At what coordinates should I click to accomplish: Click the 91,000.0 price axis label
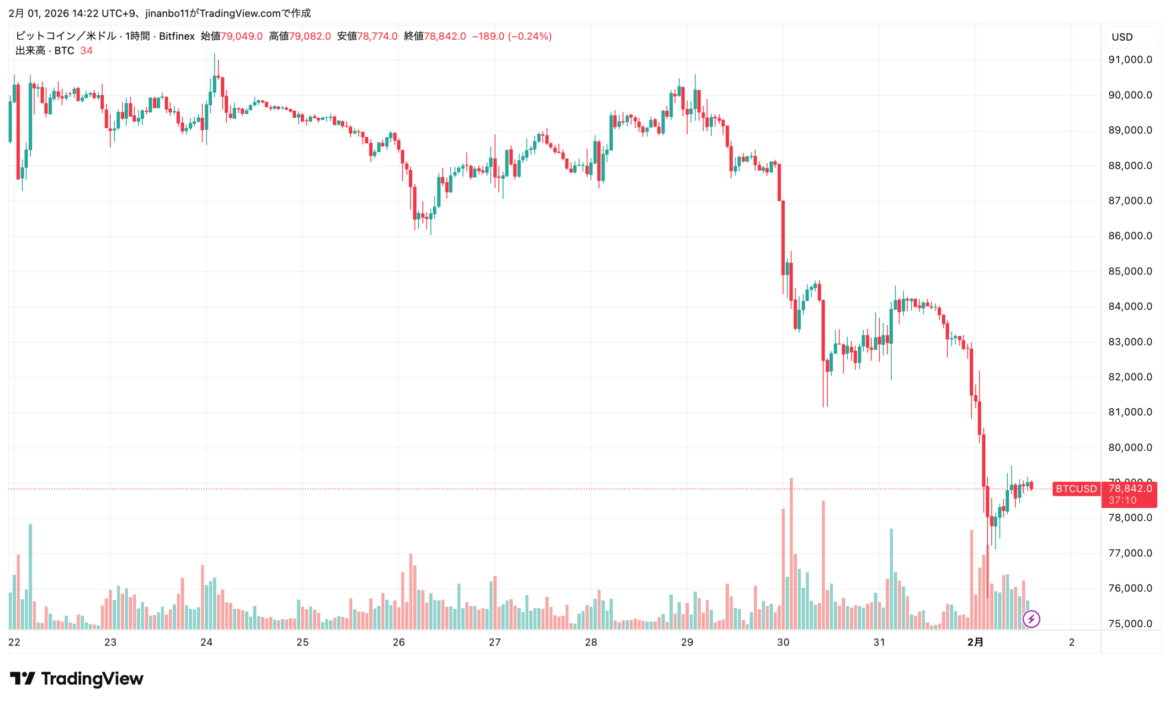[1129, 60]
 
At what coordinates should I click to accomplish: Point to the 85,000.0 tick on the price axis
[1129, 272]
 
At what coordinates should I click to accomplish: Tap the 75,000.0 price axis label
[1129, 624]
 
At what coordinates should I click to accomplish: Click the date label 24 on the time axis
[206, 642]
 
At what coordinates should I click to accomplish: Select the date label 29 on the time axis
[687, 642]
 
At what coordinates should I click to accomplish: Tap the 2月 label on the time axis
[975, 642]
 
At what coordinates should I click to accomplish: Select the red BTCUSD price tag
[1075, 489]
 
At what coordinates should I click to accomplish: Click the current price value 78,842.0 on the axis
[1130, 488]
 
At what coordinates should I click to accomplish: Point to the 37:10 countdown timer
[1122, 501]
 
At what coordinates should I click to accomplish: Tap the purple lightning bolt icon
[1031, 619]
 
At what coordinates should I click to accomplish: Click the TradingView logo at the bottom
[76, 679]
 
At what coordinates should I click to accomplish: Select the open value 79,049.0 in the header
[241, 37]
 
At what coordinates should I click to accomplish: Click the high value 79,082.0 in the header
[310, 37]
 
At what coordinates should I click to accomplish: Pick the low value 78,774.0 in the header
[377, 37]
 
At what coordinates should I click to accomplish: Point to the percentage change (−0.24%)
[530, 37]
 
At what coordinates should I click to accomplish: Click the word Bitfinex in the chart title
[176, 37]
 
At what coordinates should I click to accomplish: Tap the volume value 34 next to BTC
[86, 51]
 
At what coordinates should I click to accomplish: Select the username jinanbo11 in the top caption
[167, 13]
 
